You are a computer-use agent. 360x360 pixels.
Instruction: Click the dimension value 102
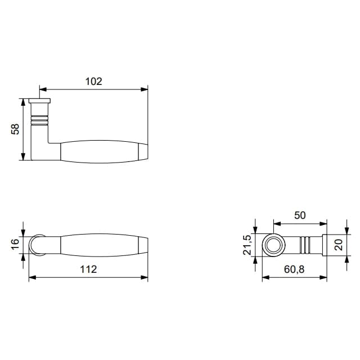click(x=94, y=82)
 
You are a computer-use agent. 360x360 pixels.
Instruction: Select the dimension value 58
click(x=15, y=129)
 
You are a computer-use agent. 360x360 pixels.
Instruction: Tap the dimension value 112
click(x=88, y=269)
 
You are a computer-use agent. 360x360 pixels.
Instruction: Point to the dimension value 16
click(x=15, y=244)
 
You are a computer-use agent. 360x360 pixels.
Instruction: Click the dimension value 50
click(x=300, y=215)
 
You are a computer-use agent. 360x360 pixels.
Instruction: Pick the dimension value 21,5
click(x=247, y=245)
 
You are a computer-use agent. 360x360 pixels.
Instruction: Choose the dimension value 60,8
click(x=294, y=269)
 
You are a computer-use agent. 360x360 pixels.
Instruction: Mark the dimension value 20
click(x=339, y=245)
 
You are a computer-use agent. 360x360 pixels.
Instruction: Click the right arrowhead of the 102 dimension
click(x=144, y=89)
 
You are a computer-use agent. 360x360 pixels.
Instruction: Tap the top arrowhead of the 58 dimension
click(x=22, y=102)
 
